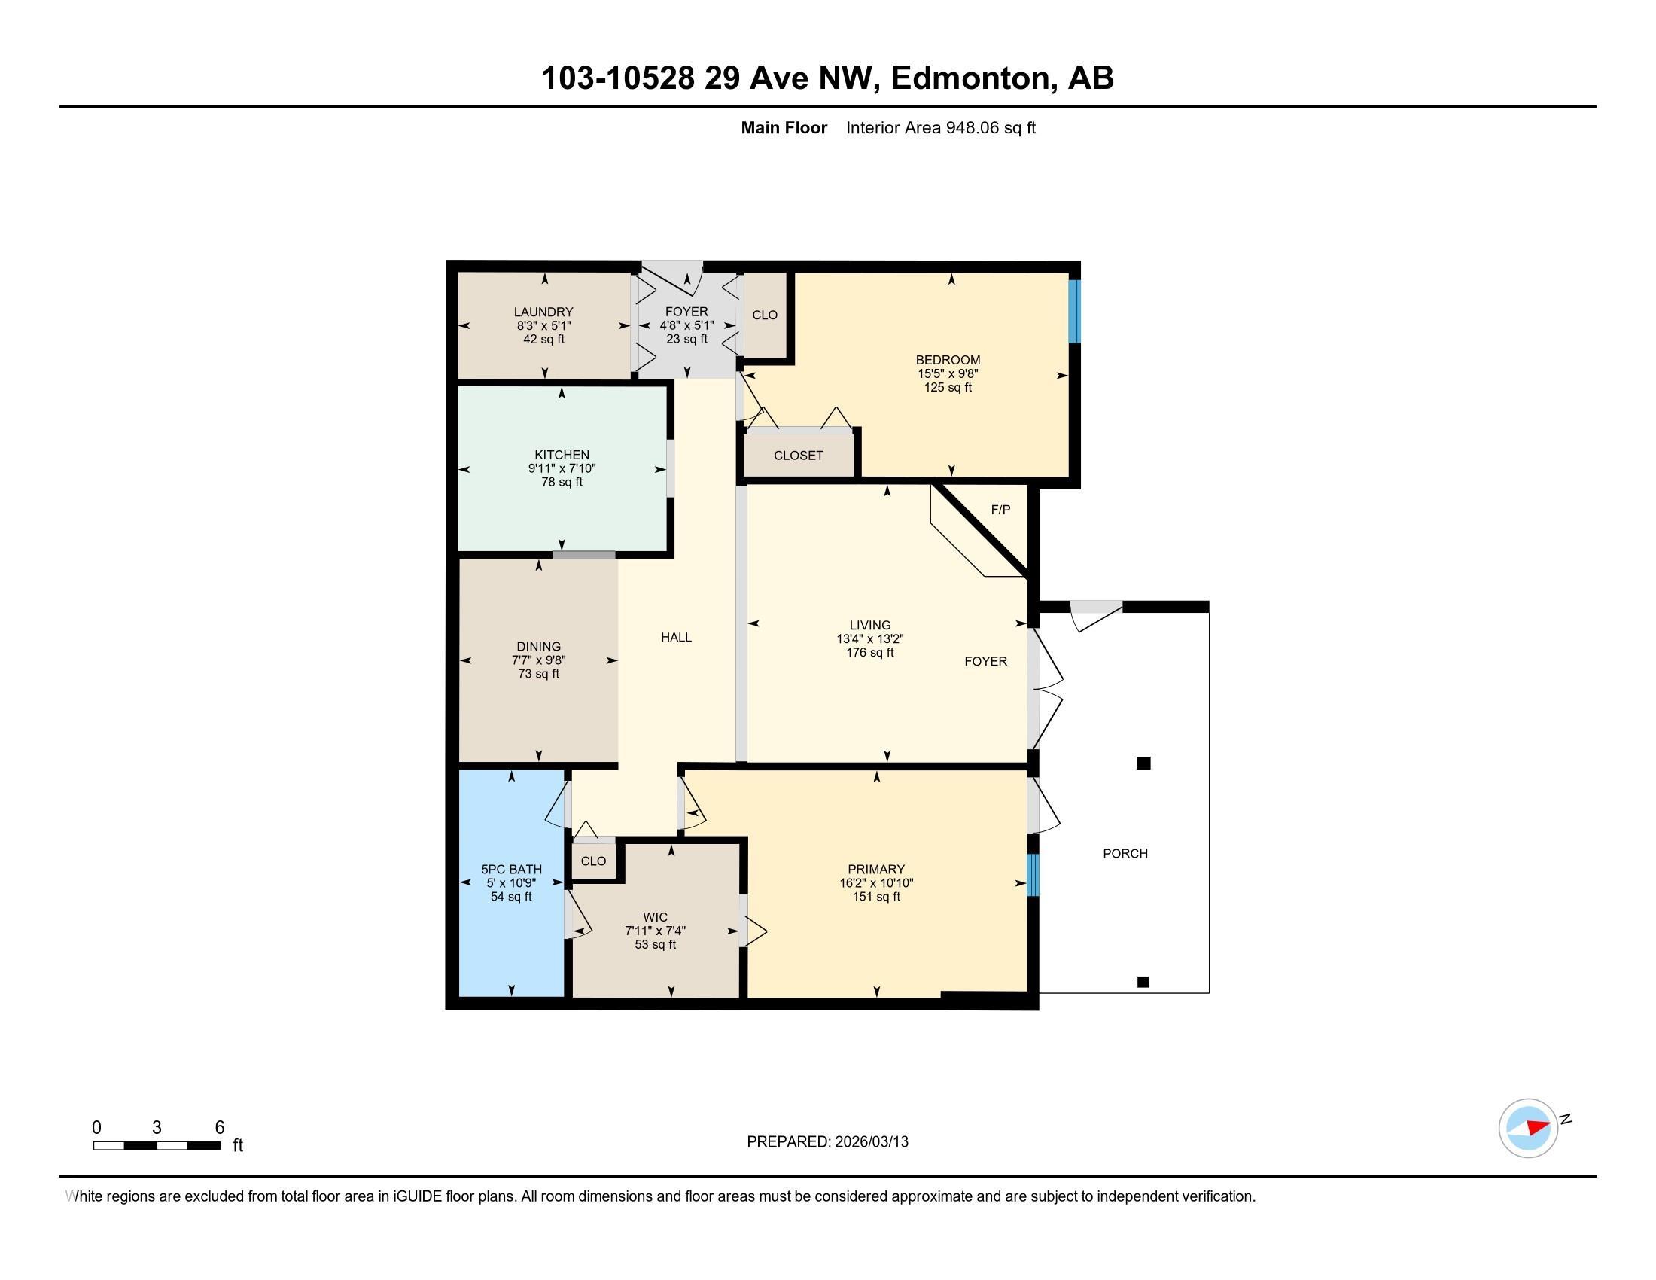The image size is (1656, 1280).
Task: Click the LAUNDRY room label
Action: (543, 312)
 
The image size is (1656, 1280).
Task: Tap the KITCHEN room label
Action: (562, 455)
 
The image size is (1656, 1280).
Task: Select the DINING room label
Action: (538, 647)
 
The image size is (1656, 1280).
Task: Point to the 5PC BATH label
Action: (511, 869)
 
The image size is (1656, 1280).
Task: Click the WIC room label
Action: (655, 918)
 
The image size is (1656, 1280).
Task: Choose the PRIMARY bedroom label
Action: (875, 869)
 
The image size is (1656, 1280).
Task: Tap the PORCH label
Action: (1125, 853)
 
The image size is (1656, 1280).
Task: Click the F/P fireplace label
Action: (1001, 510)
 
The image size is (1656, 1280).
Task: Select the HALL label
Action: (676, 637)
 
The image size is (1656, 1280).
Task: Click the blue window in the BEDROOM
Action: (1074, 311)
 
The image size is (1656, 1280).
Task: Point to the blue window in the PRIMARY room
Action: (1033, 875)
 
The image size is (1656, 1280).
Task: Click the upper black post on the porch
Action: (1143, 763)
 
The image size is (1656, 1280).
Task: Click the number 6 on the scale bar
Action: (220, 1127)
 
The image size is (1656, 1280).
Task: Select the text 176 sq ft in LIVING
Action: (869, 652)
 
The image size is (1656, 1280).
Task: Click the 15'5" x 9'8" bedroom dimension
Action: (948, 373)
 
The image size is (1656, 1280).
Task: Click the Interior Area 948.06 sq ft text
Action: (940, 127)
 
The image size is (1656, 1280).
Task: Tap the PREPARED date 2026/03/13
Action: (870, 1141)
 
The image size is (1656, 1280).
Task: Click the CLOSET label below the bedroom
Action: (799, 455)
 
